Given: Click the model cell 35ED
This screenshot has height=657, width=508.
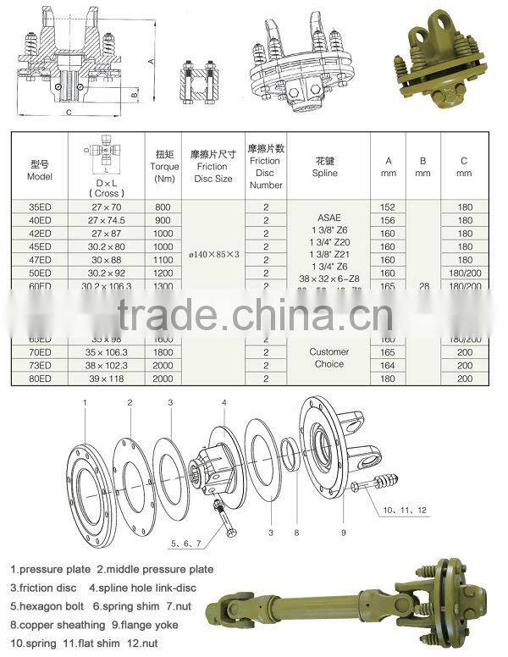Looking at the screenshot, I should [40, 207].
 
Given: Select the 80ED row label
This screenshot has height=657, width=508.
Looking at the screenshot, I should [40, 378].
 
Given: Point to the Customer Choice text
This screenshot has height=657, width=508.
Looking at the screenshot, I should [329, 357].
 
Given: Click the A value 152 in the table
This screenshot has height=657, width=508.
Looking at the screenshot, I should [388, 207].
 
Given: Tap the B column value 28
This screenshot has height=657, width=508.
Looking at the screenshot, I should [424, 287].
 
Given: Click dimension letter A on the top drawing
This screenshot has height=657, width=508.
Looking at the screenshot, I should [151, 61].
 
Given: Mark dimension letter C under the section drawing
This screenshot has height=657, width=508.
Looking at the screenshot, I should [69, 111].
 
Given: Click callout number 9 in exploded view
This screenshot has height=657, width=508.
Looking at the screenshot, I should [343, 533].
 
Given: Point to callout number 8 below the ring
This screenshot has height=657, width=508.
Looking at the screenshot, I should [295, 533].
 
